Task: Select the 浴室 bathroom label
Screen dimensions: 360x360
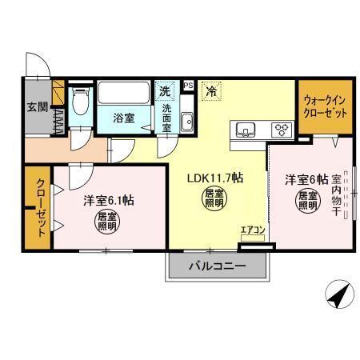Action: click(122, 117)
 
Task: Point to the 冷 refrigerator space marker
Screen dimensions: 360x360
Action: click(211, 91)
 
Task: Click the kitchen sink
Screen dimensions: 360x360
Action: click(245, 129)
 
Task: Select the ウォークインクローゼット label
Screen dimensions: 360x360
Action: click(326, 107)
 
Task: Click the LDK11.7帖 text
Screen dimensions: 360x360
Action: click(214, 177)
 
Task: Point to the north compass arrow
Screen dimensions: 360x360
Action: click(340, 295)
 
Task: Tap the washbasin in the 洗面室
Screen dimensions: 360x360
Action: click(186, 122)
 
